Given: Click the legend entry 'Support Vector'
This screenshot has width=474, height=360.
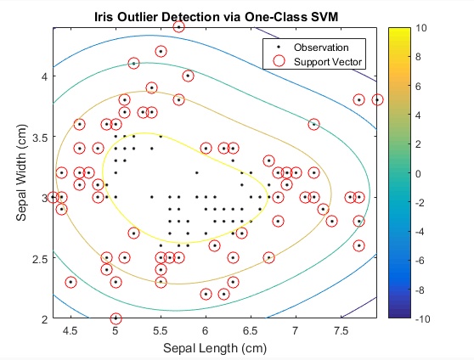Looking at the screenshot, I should (x=328, y=62).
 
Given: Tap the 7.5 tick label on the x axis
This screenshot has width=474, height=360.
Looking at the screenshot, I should (x=341, y=331).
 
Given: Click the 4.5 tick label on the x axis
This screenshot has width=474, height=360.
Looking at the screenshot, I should (x=71, y=331).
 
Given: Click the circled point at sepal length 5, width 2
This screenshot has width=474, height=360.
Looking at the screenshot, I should (x=116, y=318).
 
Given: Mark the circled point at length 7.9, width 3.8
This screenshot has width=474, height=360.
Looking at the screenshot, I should (x=377, y=99).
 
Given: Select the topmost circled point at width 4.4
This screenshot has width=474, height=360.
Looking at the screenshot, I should (x=178, y=27).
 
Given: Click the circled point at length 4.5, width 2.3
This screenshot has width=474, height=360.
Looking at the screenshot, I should (x=71, y=282).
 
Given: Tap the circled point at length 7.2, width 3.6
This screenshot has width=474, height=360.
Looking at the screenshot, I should (x=313, y=124).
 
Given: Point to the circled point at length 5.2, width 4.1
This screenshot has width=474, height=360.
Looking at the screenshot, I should (x=133, y=64).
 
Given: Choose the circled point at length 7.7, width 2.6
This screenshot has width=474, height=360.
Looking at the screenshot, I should (x=358, y=245).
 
